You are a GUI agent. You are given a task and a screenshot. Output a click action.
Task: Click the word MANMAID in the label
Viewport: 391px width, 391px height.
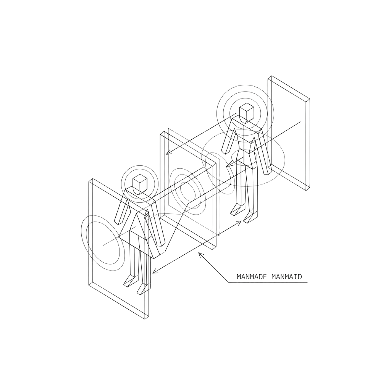(286, 277)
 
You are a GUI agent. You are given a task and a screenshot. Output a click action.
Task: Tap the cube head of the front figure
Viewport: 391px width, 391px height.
(139, 184)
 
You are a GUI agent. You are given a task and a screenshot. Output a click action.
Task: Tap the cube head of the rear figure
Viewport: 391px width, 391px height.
(247, 113)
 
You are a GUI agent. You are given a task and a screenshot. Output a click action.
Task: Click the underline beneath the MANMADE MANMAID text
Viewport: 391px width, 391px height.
(267, 283)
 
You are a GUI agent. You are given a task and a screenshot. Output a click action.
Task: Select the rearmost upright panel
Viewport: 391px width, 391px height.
(289, 133)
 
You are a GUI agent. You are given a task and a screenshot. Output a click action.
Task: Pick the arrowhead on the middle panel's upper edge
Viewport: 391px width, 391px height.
(169, 152)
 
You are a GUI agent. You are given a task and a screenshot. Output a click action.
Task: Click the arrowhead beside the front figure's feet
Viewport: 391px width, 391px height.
(155, 271)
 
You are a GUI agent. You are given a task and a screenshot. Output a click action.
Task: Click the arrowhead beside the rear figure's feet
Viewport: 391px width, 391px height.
(239, 223)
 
